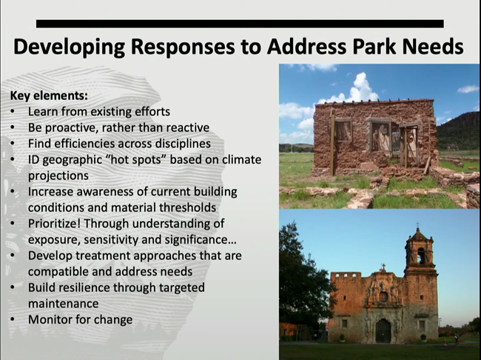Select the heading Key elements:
[x=48, y=96]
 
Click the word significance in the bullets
[x=199, y=239]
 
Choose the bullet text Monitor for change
[x=80, y=319]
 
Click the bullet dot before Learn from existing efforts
[x=15, y=111]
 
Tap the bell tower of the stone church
[x=419, y=252]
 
